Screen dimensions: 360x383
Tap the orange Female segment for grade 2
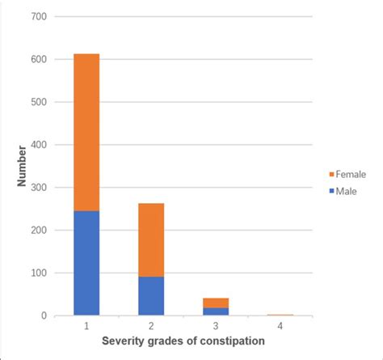pyautogui.click(x=151, y=239)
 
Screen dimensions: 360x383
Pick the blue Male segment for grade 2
pyautogui.click(x=151, y=296)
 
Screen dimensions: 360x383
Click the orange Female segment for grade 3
pyautogui.click(x=216, y=303)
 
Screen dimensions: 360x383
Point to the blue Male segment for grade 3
pyautogui.click(x=216, y=311)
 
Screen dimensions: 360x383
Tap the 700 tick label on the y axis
pyautogui.click(x=38, y=17)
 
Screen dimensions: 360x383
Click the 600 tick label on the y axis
pyautogui.click(x=38, y=60)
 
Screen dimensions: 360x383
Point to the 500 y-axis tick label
pyautogui.click(x=38, y=102)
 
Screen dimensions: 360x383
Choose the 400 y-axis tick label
pyautogui.click(x=38, y=145)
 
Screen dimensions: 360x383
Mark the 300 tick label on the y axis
pyautogui.click(x=38, y=188)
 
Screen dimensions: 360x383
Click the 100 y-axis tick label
pyautogui.click(x=38, y=273)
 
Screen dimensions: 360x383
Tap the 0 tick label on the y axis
pyautogui.click(x=44, y=316)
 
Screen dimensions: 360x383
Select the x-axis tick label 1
pyautogui.click(x=86, y=327)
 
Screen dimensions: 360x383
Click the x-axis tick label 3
pyautogui.click(x=216, y=327)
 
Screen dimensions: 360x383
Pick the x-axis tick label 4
pyautogui.click(x=280, y=327)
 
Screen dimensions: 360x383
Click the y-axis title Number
pyautogui.click(x=21, y=166)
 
